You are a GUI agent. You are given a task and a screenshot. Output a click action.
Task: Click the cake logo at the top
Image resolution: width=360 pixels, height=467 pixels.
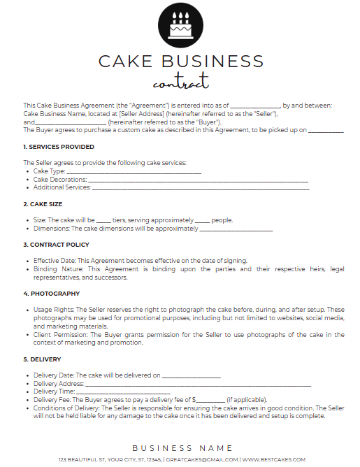click(x=180, y=24)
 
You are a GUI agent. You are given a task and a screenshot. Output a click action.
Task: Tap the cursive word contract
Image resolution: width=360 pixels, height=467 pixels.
click(x=180, y=82)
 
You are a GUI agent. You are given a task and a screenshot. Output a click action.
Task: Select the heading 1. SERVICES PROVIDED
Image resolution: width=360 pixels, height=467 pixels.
click(x=59, y=147)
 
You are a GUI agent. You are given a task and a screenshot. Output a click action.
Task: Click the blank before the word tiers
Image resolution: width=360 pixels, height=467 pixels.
click(x=103, y=220)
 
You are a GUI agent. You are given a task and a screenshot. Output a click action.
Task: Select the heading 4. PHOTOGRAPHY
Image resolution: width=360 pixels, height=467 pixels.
click(x=51, y=294)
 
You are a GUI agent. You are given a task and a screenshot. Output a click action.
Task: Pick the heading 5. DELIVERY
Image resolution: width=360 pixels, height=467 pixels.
click(x=46, y=359)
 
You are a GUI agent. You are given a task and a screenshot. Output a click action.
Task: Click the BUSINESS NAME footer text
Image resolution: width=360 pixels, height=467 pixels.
click(x=182, y=447)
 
